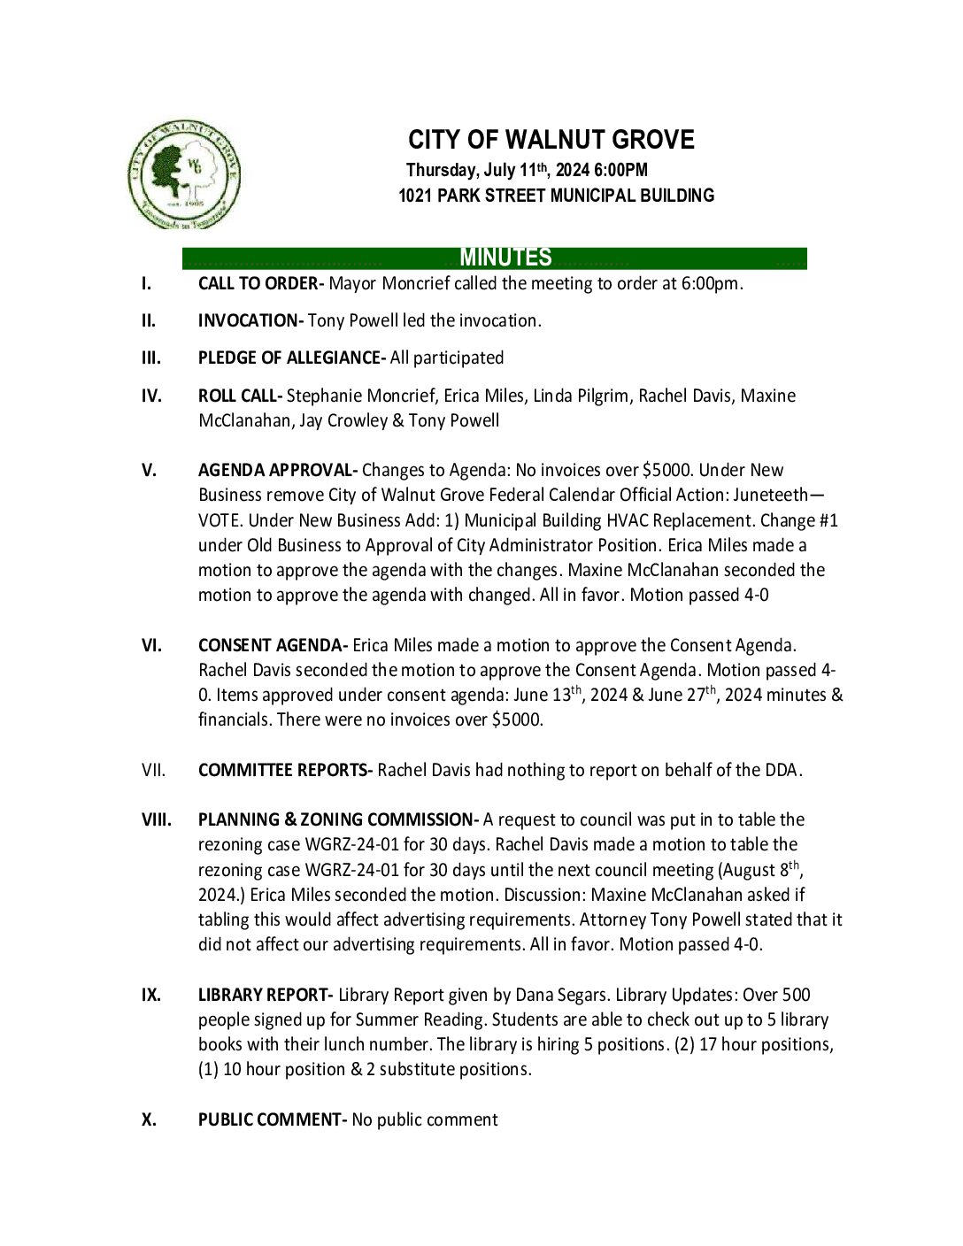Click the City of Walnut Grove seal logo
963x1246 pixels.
[x=184, y=174]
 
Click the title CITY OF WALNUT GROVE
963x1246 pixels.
[x=551, y=140]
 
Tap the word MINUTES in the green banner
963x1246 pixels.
[x=505, y=258]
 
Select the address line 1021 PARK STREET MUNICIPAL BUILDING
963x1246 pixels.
[x=556, y=196]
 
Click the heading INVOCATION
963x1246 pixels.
[x=250, y=321]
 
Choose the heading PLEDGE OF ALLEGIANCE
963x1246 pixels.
[x=290, y=358]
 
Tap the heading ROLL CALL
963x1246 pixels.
[x=239, y=396]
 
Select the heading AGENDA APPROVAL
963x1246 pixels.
[x=277, y=471]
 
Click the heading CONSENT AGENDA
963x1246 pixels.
[x=273, y=646]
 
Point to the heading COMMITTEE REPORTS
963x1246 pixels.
[x=285, y=771]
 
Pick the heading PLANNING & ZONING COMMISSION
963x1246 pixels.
[x=337, y=820]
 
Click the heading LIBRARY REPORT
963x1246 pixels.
[x=265, y=996]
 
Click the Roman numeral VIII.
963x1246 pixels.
[x=157, y=820]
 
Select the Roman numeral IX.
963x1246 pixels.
[x=151, y=996]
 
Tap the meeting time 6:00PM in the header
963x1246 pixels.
[x=621, y=170]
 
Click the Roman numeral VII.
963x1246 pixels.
[x=153, y=771]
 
